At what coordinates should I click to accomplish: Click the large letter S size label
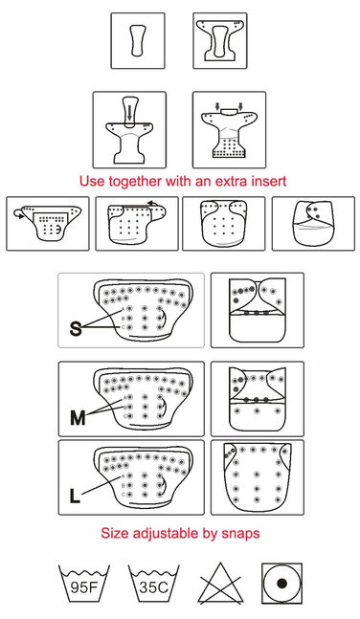[x=76, y=328]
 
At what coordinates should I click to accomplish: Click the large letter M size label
[x=78, y=418]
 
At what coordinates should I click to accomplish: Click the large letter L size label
[x=75, y=496]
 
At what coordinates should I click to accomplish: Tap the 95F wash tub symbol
[x=83, y=583]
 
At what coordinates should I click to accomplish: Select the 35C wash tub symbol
[x=154, y=583]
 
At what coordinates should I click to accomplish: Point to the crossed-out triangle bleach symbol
[x=220, y=584]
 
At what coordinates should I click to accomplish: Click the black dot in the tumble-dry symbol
[x=281, y=583]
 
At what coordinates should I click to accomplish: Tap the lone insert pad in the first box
[x=138, y=40]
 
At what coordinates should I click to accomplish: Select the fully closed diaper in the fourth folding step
[x=313, y=224]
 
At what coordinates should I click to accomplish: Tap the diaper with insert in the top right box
[x=220, y=40]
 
